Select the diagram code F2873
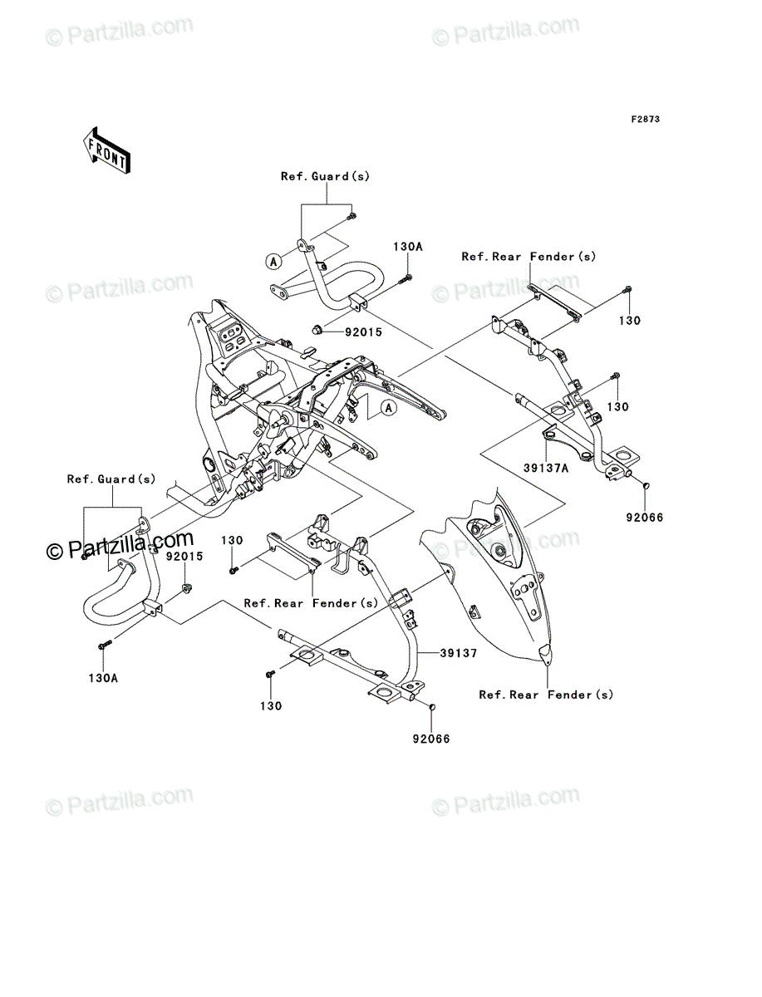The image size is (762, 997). (646, 120)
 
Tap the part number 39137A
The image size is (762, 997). (546, 468)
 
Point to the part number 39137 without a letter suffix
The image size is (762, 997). (458, 653)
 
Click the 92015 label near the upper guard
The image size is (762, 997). (363, 332)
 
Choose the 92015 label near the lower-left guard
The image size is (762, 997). (184, 557)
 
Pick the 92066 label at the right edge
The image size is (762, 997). (644, 518)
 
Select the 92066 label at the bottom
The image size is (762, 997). (431, 739)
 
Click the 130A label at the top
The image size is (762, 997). (408, 247)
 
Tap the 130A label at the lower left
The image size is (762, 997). (103, 678)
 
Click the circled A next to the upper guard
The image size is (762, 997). (273, 261)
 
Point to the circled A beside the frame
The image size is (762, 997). (389, 408)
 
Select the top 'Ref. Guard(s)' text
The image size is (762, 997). (325, 176)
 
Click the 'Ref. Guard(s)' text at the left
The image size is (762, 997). (111, 479)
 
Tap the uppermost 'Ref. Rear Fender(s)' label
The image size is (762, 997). (528, 257)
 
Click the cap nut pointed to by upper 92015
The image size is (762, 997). (317, 329)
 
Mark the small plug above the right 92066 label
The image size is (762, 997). (646, 487)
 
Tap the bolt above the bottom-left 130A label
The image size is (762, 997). (105, 644)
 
